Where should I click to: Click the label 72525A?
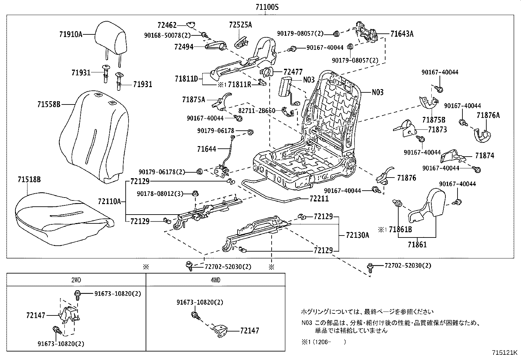tap(241, 25)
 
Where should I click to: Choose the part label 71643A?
tap(402, 34)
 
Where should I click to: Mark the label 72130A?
tap(357, 235)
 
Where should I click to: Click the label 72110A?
tap(109, 201)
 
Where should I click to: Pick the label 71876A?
tap(488, 115)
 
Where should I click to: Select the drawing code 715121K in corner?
tap(505, 353)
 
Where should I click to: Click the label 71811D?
tap(187, 79)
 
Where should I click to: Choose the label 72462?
tap(167, 25)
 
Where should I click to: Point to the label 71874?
tap(485, 156)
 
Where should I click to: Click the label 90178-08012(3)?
tap(160, 194)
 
